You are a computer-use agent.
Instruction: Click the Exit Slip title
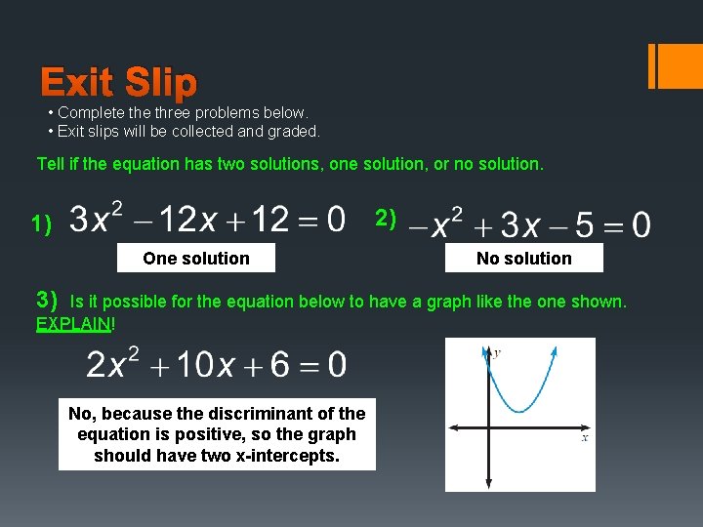point(118,83)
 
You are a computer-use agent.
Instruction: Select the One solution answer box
point(195,259)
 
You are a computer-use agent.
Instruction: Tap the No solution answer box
point(524,259)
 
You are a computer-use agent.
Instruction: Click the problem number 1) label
point(41,224)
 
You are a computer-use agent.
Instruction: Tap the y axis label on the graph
point(497,352)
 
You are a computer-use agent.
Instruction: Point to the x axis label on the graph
point(585,437)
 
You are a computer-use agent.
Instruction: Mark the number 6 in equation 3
point(281,365)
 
